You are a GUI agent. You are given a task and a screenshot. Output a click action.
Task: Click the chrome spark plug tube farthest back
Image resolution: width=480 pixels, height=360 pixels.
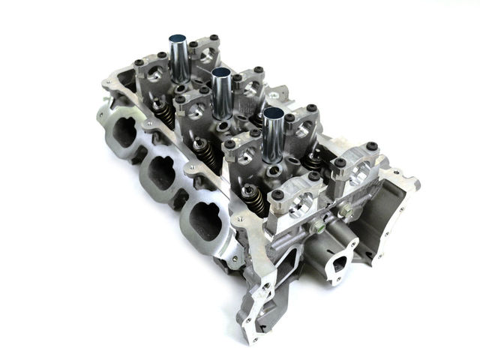tap(179, 54)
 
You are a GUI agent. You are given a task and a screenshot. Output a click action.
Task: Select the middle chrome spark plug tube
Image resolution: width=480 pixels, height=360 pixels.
tap(223, 94)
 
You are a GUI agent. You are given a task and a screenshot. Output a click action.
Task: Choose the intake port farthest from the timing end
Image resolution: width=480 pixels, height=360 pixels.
tap(120, 133)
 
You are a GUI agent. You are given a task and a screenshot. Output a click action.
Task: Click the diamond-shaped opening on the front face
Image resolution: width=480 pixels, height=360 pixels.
tap(339, 264)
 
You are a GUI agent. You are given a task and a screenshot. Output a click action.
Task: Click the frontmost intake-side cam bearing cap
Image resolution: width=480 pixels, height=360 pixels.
tap(295, 203)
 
